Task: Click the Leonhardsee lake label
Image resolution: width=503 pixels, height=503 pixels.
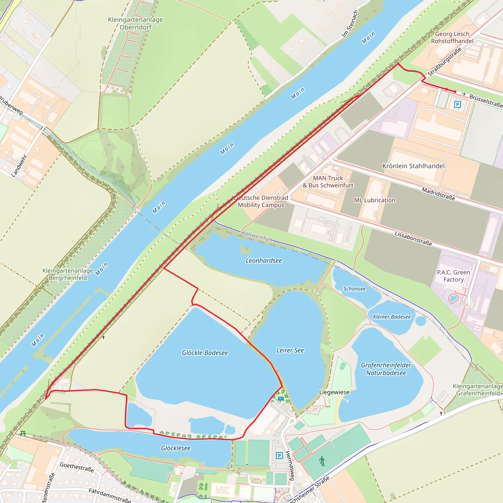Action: [264, 261]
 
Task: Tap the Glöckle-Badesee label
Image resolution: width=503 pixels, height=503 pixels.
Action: [205, 353]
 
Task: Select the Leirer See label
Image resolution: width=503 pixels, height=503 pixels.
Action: [290, 350]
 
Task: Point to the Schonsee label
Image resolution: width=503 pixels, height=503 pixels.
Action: [354, 289]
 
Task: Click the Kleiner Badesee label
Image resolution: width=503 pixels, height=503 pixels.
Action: [392, 317]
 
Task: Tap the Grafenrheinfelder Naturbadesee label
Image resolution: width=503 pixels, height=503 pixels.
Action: [386, 369]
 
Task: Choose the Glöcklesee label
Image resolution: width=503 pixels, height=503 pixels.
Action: [176, 448]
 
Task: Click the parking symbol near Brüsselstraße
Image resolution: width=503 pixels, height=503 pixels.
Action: [457, 104]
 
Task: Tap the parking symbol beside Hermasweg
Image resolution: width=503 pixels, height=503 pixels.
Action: [279, 456]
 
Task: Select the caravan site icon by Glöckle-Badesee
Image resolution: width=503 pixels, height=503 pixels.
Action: [281, 399]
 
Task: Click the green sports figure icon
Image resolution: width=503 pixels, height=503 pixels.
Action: [322, 461]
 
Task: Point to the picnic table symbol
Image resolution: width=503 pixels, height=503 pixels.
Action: [23, 433]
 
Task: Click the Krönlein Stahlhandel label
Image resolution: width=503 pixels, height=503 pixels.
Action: [413, 166]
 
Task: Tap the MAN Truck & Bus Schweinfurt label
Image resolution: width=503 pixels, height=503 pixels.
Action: [328, 182]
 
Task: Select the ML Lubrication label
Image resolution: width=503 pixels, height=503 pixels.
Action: [375, 200]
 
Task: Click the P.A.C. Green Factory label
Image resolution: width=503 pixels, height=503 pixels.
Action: [454, 276]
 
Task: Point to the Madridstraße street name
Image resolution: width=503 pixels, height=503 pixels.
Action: [438, 194]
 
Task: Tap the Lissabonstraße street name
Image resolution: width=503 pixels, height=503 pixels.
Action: [413, 238]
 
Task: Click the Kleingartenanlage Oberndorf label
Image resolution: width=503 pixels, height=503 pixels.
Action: [135, 23]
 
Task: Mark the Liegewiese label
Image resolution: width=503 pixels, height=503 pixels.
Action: [334, 392]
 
